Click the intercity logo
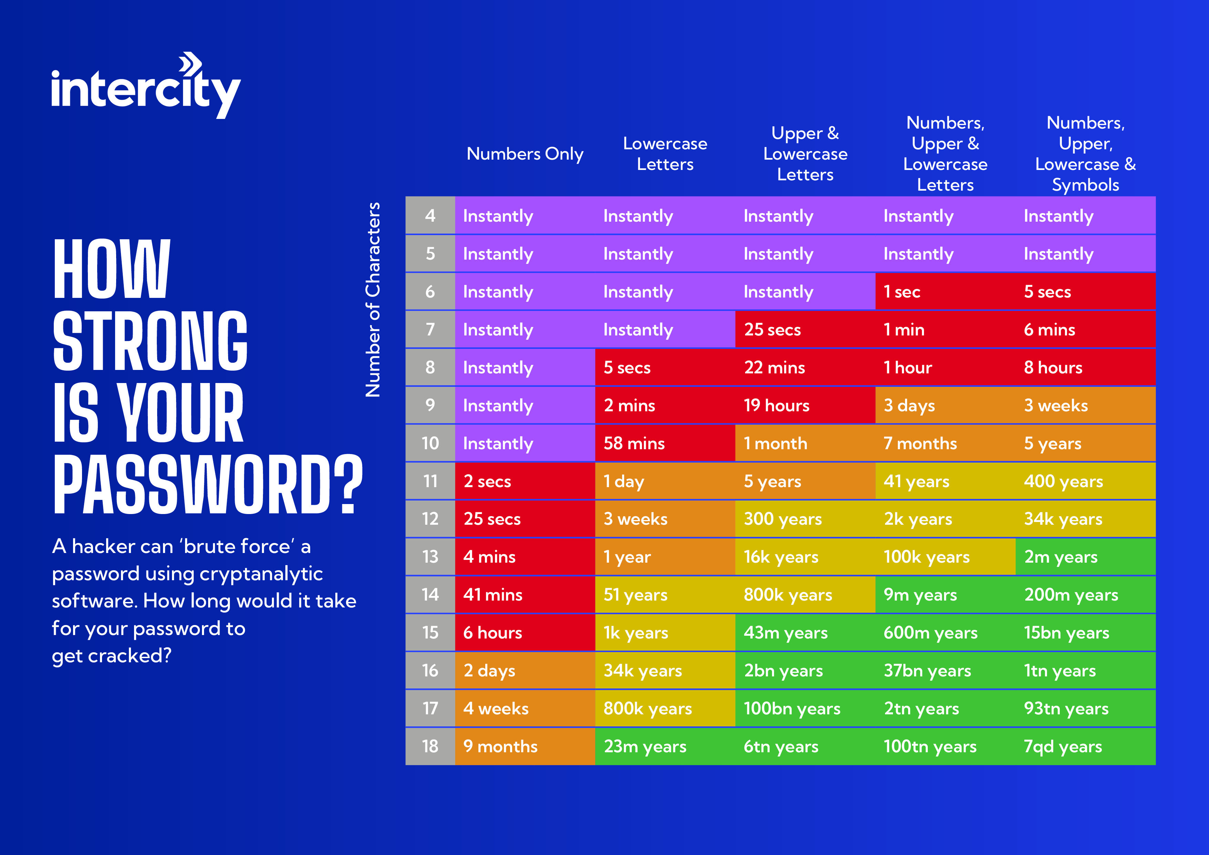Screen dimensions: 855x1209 [146, 87]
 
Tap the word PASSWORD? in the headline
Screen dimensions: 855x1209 [208, 485]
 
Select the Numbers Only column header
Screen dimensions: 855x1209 [525, 154]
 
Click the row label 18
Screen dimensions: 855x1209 [430, 746]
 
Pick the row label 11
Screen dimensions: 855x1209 [430, 481]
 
